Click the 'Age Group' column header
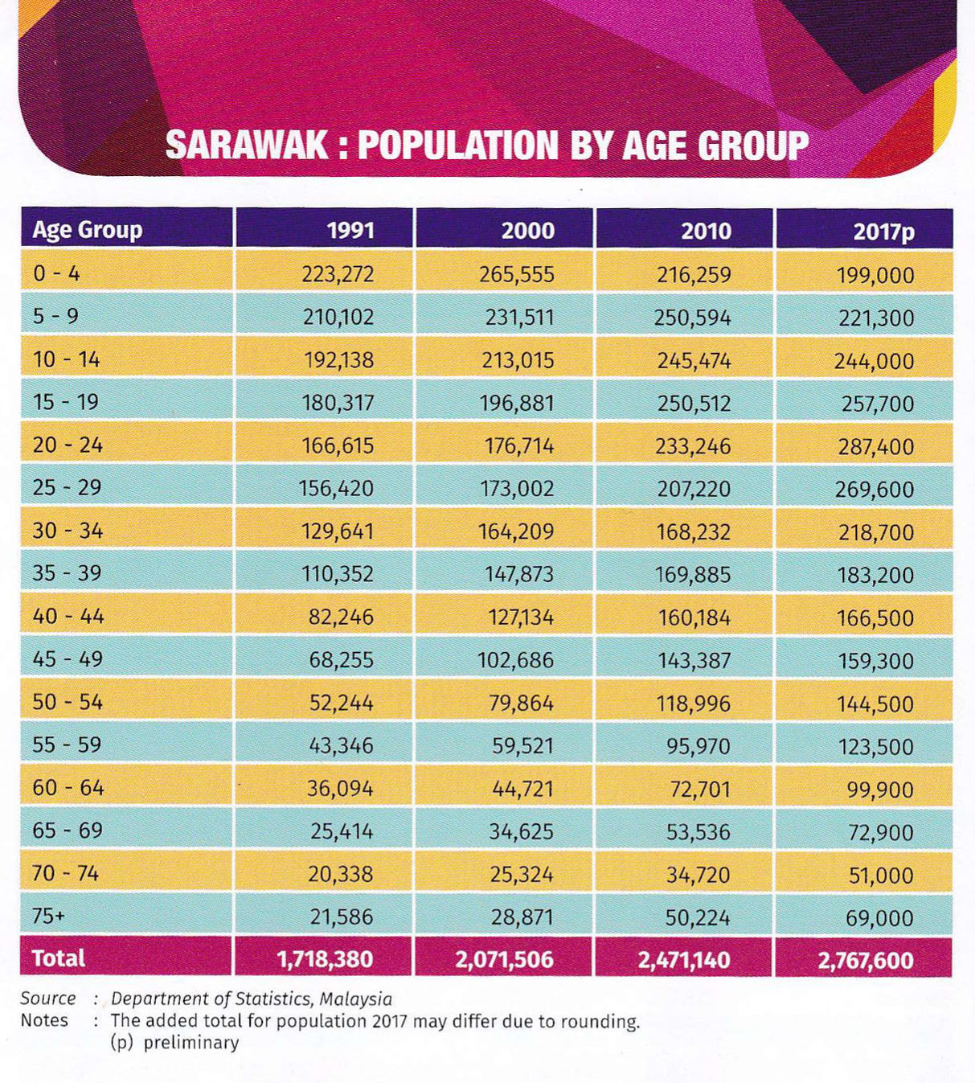[x=87, y=230]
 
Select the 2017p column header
[x=884, y=232]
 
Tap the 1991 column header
[x=350, y=231]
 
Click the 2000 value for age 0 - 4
[x=517, y=275]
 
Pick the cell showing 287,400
[x=876, y=446]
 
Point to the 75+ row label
[x=47, y=916]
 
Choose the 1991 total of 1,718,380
[x=325, y=959]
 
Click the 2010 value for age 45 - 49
[x=694, y=660]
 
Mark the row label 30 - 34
[x=68, y=531]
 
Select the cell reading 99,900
[x=880, y=790]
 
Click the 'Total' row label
[x=58, y=958]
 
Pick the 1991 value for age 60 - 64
[x=340, y=789]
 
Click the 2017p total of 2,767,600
[x=866, y=960]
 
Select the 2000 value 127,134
[x=521, y=617]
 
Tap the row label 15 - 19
[x=66, y=402]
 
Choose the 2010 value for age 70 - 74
[x=698, y=874]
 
